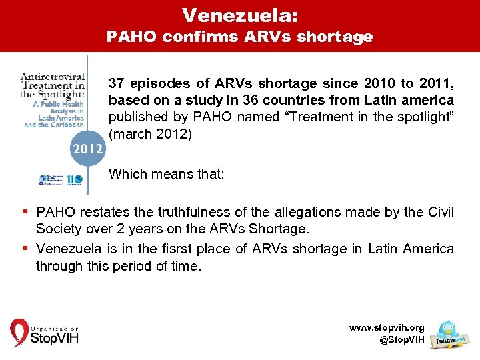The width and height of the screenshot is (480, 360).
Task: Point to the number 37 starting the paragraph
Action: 117,84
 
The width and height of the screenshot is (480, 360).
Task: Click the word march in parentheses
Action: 132,133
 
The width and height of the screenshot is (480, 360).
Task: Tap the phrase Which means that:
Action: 167,174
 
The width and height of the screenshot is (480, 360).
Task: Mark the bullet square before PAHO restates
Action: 24,213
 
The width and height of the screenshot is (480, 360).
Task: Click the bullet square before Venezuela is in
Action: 24,249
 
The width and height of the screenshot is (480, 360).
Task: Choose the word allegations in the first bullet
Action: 326,213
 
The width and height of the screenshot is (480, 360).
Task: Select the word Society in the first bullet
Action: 59,229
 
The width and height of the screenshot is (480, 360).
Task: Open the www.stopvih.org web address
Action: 386,328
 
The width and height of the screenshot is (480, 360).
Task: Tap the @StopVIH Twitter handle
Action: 401,340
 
